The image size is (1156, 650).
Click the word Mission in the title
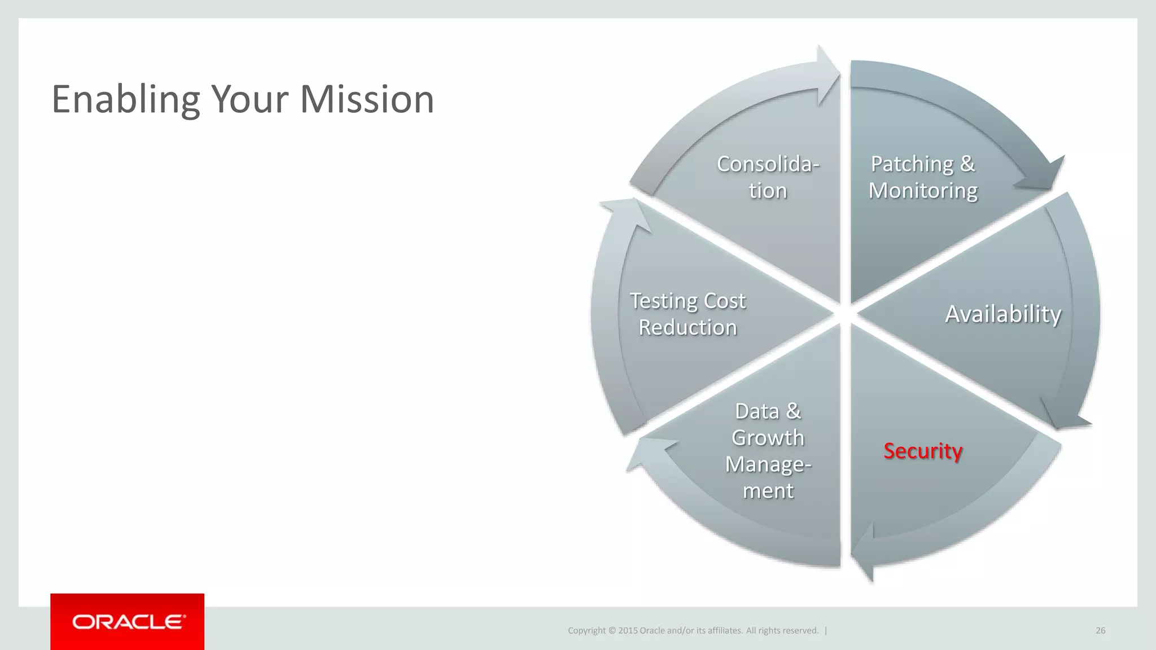tap(367, 99)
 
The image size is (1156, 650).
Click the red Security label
tap(923, 451)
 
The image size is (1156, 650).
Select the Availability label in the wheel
tap(1003, 314)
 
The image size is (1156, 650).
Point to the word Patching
tap(912, 164)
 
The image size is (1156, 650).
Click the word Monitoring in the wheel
tap(923, 191)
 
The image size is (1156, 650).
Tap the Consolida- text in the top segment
tap(768, 164)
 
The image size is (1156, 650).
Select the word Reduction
tap(688, 328)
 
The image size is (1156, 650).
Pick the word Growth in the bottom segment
tap(768, 438)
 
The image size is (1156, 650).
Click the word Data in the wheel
tap(756, 411)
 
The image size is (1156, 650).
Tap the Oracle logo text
tap(128, 622)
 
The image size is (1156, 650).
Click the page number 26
tap(1100, 630)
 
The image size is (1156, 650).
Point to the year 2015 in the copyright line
tap(628, 630)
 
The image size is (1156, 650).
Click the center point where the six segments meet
tap(845, 314)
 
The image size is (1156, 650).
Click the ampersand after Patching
tap(967, 164)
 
